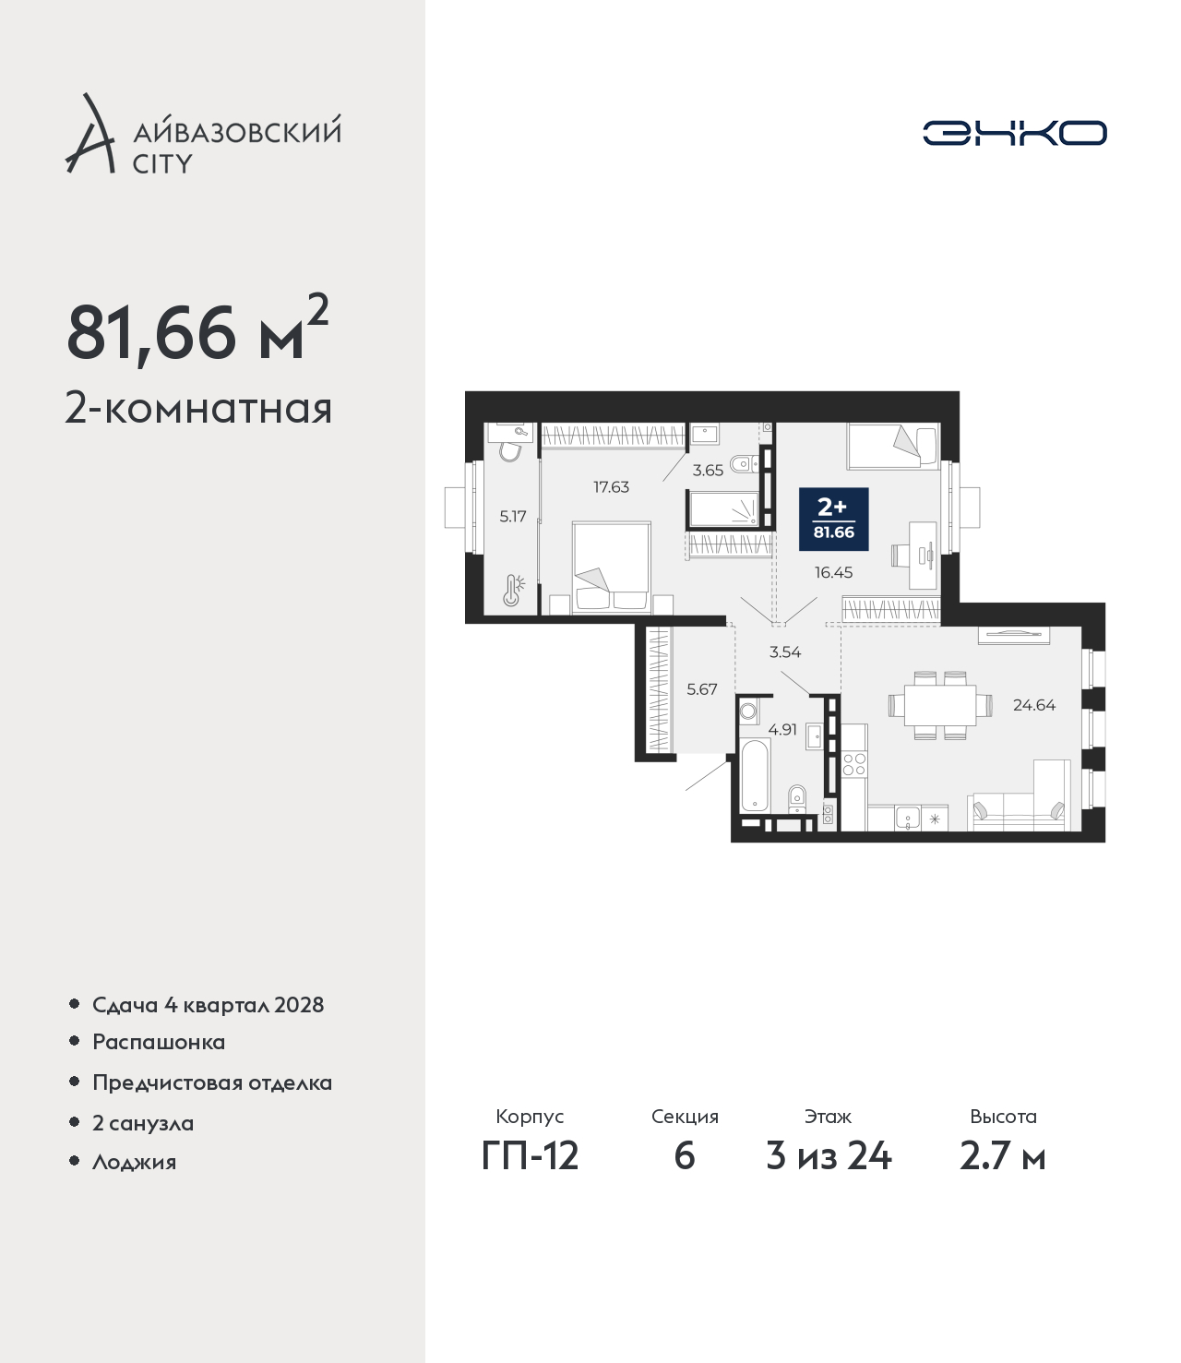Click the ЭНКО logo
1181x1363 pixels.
1014,133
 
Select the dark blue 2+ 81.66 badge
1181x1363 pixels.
833,519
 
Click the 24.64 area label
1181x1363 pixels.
1034,705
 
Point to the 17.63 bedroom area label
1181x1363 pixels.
612,486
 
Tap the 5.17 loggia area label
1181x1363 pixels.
512,517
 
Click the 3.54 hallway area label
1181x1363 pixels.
784,652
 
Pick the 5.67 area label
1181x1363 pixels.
701,689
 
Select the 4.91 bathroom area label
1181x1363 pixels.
782,729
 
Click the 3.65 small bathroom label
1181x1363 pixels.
708,470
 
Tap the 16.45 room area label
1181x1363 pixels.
833,572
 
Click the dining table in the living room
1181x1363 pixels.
939,705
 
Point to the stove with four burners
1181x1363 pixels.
854,763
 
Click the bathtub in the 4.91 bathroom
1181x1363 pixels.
755,775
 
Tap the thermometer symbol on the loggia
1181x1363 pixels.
513,590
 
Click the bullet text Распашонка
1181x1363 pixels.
159,1043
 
